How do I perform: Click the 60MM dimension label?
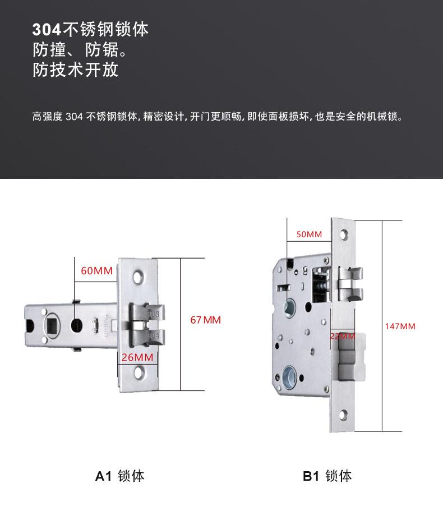pyautogui.click(x=96, y=271)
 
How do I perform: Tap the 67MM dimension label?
pyautogui.click(x=205, y=320)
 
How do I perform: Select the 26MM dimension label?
pyautogui.click(x=137, y=357)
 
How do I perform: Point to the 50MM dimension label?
pyautogui.click(x=309, y=234)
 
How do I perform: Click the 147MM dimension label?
pyautogui.click(x=400, y=326)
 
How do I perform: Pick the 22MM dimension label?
pyautogui.click(x=342, y=336)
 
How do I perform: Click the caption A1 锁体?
pyautogui.click(x=119, y=476)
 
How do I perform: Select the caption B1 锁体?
pyautogui.click(x=327, y=476)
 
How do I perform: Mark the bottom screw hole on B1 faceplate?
pyautogui.click(x=343, y=416)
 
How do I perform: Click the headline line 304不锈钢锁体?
pyautogui.click(x=90, y=29)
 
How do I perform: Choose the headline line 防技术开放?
pyautogui.click(x=75, y=70)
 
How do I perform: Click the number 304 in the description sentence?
pyautogui.click(x=74, y=117)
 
